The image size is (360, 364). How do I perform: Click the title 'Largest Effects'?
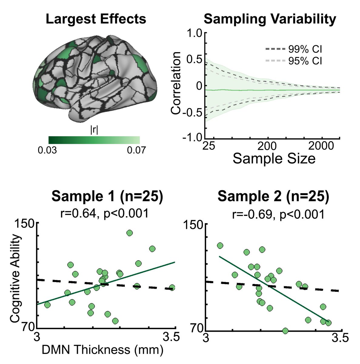coord(96,19)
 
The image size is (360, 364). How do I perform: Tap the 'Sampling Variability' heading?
coord(270,19)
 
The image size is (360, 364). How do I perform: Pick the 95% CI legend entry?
coord(293,61)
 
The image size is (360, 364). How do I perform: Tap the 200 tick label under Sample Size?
coord(268,147)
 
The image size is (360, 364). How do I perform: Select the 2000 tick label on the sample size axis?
coord(322,147)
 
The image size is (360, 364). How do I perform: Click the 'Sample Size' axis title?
coord(274,159)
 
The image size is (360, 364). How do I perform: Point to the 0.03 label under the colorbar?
coord(48,150)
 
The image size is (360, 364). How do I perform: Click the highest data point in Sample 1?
coord(129,233)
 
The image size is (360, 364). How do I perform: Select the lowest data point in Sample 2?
coord(285,331)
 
